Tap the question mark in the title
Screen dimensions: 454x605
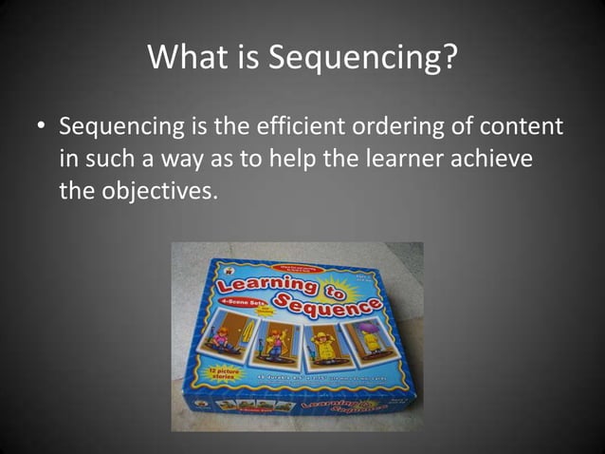448,60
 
